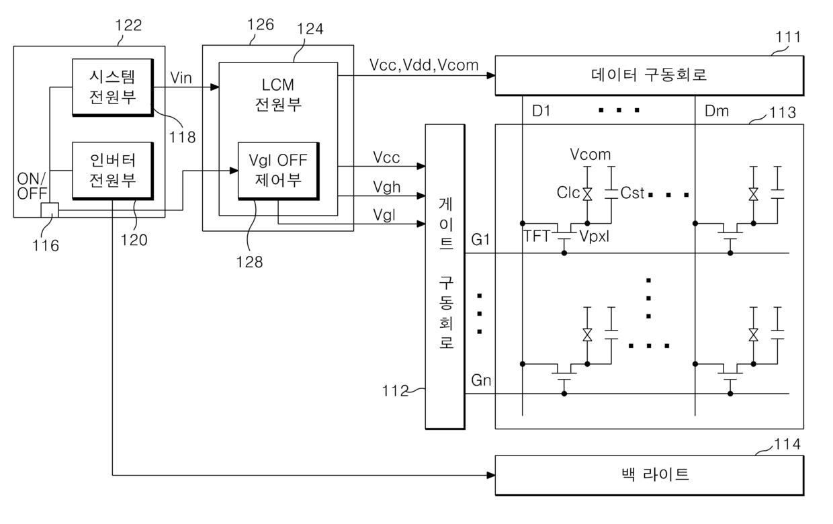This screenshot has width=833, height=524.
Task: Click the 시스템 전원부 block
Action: pyautogui.click(x=113, y=87)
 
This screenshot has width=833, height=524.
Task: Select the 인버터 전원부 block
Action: pyautogui.click(x=113, y=171)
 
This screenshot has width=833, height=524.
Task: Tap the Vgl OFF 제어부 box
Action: pyautogui.click(x=279, y=171)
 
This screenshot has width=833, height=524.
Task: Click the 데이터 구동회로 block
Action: pyautogui.click(x=650, y=75)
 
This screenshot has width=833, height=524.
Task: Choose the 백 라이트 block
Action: pyautogui.click(x=650, y=475)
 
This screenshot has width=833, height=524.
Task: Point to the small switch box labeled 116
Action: pyautogui.click(x=50, y=210)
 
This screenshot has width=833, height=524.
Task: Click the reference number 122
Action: pyautogui.click(x=128, y=26)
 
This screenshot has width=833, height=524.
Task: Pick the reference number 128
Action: pyautogui.click(x=249, y=262)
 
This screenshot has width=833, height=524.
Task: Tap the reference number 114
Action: pyautogui.click(x=787, y=444)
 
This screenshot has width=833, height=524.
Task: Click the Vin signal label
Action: pyautogui.click(x=181, y=78)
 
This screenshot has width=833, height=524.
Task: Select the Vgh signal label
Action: pyautogui.click(x=386, y=187)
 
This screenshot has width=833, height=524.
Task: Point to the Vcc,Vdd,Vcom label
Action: pyautogui.click(x=424, y=65)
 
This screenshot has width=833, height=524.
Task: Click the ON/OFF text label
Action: pyautogui.click(x=32, y=186)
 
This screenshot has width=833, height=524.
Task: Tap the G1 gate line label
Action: pyautogui.click(x=480, y=240)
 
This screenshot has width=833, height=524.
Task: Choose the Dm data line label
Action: pyautogui.click(x=717, y=111)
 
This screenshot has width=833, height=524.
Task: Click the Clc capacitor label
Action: pyautogui.click(x=568, y=193)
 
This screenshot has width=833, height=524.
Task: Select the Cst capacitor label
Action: pyautogui.click(x=632, y=193)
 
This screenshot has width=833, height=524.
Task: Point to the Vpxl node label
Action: pyautogui.click(x=595, y=236)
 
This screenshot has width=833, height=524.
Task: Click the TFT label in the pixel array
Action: pyautogui.click(x=537, y=236)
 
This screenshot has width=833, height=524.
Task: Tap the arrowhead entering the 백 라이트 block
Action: pyautogui.click(x=490, y=475)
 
